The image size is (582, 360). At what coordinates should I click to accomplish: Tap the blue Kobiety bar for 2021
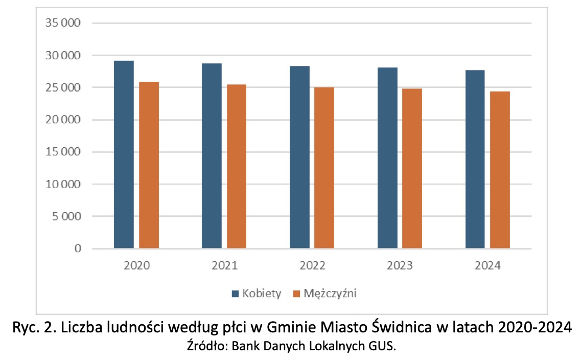[212, 156]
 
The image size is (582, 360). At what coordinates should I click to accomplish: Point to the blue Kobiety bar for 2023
[387, 158]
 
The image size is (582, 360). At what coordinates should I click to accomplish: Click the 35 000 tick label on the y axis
[63, 23]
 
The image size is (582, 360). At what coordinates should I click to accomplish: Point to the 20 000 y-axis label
[63, 120]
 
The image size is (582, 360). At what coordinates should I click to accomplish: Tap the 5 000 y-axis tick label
[67, 216]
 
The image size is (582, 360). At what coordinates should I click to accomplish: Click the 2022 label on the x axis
[312, 266]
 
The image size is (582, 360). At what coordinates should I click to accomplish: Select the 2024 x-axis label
[487, 266]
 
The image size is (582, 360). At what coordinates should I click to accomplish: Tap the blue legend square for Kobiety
[236, 294]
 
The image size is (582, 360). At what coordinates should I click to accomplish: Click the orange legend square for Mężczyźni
[296, 294]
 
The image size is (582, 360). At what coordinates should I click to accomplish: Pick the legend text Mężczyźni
[330, 294]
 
